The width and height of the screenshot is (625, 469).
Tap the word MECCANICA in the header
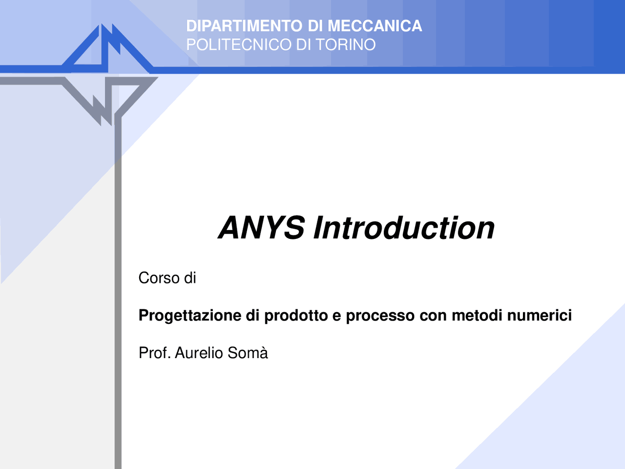375,26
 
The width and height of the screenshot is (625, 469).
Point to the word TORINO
345,44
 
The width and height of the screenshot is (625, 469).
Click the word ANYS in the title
262,228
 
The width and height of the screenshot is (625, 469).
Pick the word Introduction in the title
404,228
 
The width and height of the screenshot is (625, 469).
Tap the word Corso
159,278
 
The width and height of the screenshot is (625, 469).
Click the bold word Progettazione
190,316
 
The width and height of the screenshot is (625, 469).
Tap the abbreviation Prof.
154,353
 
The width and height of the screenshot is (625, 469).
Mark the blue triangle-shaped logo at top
107,49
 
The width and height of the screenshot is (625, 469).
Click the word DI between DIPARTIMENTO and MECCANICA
315,26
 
